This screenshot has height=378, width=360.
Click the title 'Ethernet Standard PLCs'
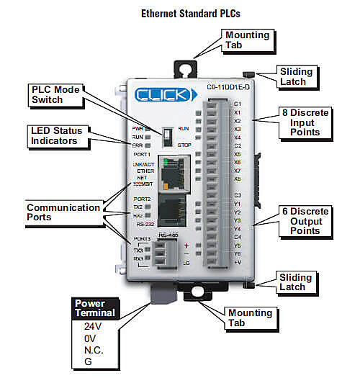point(179,13)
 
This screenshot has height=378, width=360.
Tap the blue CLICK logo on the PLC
point(164,94)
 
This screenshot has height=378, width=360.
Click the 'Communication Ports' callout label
point(63,212)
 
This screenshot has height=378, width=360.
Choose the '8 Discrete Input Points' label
point(307,123)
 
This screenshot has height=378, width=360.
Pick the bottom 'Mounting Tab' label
point(249,318)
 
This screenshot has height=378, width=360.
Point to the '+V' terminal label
point(237,264)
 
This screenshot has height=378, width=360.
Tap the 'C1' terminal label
point(237,104)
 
